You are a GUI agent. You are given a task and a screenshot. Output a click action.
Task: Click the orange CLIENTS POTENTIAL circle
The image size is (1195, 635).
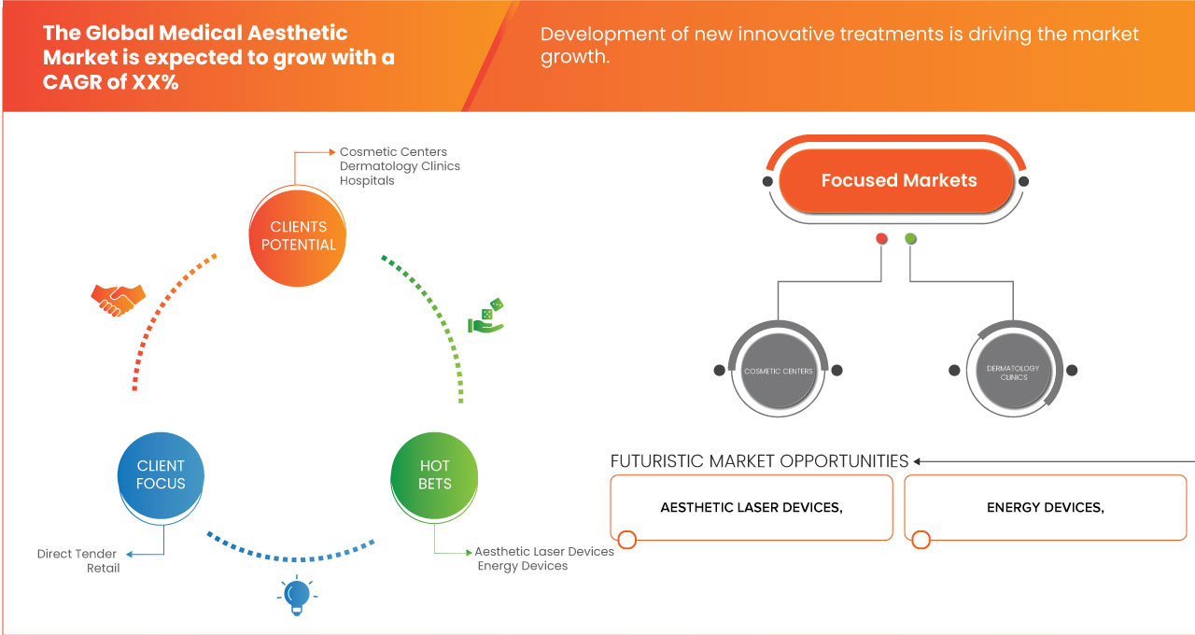point(299,235)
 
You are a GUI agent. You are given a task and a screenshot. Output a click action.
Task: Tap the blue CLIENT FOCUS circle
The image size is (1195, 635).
point(161,474)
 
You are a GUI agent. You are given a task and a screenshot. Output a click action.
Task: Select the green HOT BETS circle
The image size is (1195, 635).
point(435,474)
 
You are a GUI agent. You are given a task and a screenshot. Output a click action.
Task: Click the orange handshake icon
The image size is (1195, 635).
point(118,299)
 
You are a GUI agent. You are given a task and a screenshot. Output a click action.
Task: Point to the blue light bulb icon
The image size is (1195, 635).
point(297,595)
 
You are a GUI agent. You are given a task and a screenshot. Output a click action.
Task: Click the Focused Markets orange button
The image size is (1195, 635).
point(897,180)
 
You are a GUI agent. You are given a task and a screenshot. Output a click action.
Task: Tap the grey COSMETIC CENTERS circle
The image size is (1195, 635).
point(778,371)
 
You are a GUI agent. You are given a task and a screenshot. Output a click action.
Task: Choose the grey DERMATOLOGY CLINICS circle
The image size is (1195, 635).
point(1014,372)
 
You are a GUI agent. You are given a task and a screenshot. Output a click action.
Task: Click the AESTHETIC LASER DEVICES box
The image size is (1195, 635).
point(752,507)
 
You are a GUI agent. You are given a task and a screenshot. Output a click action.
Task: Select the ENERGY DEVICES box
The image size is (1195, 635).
point(1045,507)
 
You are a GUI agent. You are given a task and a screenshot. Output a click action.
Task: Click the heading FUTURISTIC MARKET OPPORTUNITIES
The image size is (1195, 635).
point(759,461)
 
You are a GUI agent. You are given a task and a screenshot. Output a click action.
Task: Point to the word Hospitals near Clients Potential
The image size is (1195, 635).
point(367,180)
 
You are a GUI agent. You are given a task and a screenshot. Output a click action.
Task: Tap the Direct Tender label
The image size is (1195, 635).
point(77,554)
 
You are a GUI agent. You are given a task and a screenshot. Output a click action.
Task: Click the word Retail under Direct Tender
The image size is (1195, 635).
point(103,568)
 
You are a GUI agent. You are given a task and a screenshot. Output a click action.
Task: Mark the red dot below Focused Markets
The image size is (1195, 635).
point(881,239)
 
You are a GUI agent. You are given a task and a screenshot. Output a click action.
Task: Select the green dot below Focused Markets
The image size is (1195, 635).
point(910,239)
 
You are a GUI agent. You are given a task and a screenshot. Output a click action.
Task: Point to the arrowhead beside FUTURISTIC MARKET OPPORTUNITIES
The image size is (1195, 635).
point(918,461)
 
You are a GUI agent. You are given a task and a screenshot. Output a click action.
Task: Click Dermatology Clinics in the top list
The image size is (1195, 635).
point(400,166)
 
